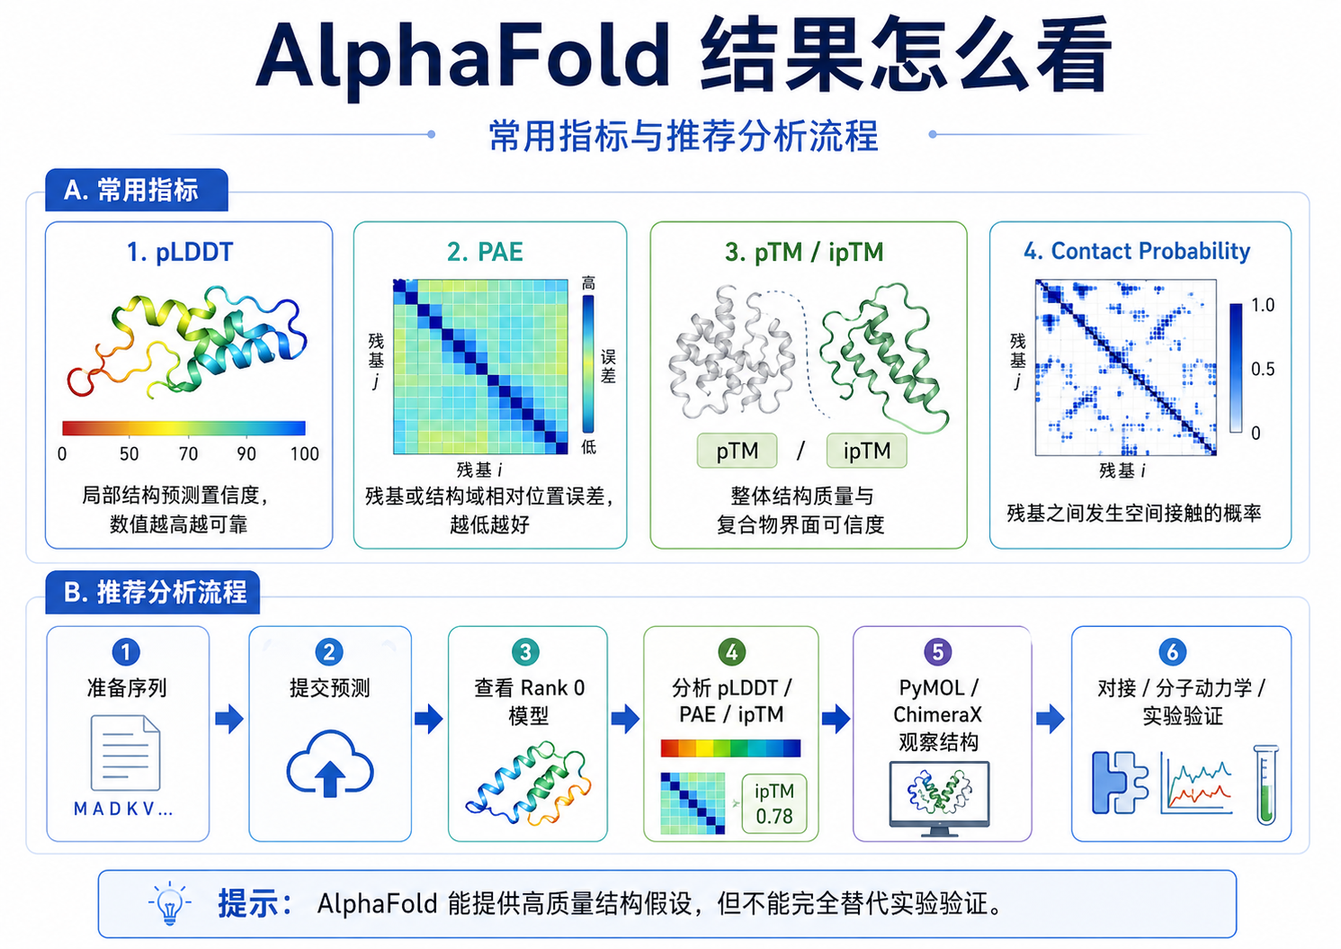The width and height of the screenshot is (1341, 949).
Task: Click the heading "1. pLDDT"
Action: click(x=180, y=253)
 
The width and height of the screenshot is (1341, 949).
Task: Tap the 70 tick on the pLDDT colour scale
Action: click(x=188, y=453)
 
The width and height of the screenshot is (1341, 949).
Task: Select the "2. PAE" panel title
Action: click(x=485, y=252)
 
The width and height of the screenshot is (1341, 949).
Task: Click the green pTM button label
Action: click(x=738, y=451)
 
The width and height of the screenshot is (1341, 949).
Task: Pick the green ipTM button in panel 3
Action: click(x=867, y=451)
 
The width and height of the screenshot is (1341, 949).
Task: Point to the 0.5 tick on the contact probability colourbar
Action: click(x=1262, y=369)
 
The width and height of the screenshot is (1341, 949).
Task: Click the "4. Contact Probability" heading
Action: click(x=1137, y=251)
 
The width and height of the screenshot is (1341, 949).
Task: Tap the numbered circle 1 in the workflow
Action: click(x=126, y=652)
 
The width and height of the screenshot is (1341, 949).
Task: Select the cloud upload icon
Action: click(x=329, y=764)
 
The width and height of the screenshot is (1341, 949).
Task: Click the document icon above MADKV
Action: click(x=125, y=753)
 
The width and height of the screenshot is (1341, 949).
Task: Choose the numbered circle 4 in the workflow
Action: click(x=731, y=652)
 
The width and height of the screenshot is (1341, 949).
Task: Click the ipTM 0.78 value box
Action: click(x=773, y=803)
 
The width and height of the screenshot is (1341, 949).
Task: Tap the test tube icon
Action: click(x=1265, y=784)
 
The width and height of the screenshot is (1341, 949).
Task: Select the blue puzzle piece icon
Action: click(x=1120, y=783)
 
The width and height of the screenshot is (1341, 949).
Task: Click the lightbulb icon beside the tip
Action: click(x=170, y=903)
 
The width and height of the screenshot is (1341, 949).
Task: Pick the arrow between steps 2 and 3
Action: click(x=429, y=719)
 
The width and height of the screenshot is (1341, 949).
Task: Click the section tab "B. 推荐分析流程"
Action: click(x=154, y=593)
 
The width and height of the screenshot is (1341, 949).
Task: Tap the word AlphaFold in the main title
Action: click(x=463, y=56)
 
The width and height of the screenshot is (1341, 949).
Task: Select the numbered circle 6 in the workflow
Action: click(x=1172, y=652)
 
